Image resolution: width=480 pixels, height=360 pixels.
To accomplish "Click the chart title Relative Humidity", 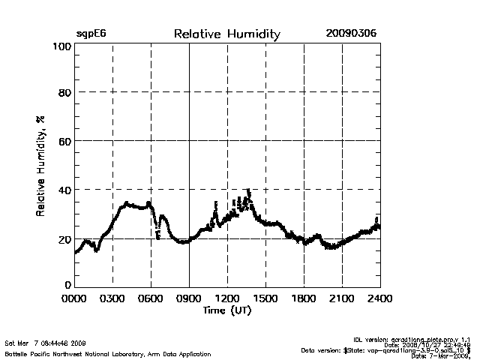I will (226, 34).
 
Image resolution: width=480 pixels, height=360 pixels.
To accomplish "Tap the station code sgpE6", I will (91, 34).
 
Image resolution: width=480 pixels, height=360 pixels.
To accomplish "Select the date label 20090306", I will (351, 34).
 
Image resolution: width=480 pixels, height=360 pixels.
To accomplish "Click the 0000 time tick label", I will (74, 298).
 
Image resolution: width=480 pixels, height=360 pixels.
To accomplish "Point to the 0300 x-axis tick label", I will (112, 298).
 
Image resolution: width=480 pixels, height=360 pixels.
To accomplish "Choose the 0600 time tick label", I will (151, 298).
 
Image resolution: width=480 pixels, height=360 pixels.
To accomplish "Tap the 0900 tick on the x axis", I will (189, 298).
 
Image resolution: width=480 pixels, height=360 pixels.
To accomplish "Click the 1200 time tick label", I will (227, 298).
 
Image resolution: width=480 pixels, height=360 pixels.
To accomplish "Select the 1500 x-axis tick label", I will (265, 298).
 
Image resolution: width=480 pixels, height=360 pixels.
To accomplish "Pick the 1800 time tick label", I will (304, 298).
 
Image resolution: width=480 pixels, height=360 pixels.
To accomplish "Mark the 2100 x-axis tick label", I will (342, 298).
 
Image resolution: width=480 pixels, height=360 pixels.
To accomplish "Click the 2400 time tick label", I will (379, 298).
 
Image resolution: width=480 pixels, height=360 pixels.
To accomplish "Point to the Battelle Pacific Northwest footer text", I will (108, 354).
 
